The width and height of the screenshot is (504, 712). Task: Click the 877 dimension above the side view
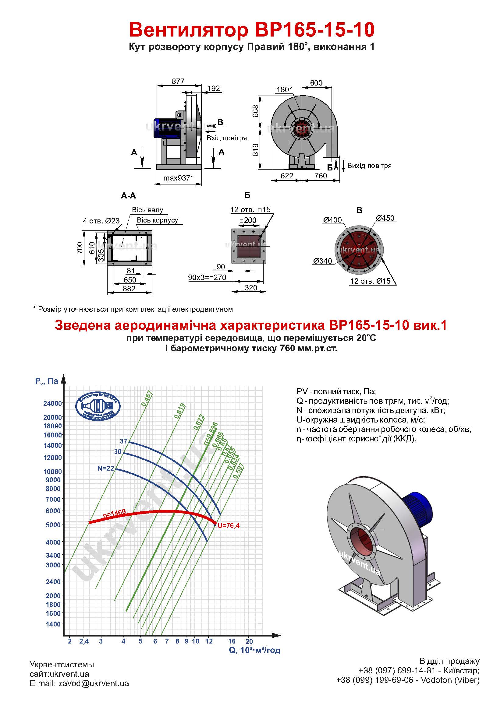(178, 81)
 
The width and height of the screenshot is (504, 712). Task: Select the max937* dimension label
(178, 178)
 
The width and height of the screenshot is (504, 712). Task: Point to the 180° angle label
(284, 89)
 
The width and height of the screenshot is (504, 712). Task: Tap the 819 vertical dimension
(256, 149)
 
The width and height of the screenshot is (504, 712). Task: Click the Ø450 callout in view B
(385, 218)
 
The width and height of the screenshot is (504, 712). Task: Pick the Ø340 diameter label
(322, 261)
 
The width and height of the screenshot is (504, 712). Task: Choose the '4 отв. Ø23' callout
(101, 221)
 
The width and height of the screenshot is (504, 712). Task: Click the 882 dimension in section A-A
(129, 289)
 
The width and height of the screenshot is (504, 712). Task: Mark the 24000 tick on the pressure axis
(53, 403)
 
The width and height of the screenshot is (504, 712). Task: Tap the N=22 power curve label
(106, 468)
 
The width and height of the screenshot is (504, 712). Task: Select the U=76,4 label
(229, 526)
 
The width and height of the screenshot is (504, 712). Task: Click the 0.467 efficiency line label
(147, 398)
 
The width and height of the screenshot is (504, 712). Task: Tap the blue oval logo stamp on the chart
(98, 407)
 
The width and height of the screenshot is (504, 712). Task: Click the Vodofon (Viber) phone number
(408, 680)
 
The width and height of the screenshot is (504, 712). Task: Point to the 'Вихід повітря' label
(369, 166)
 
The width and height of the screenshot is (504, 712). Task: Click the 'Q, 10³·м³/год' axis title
(255, 650)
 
